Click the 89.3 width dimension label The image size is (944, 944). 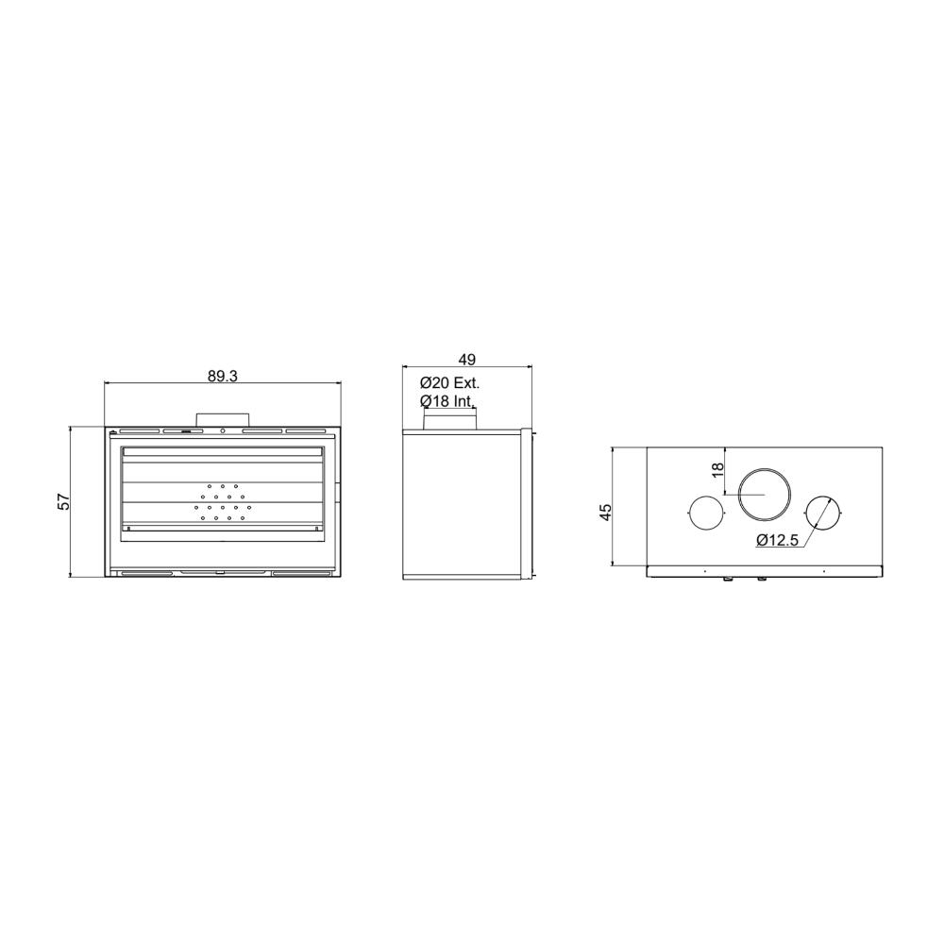click(x=223, y=377)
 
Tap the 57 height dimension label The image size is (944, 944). click(x=64, y=501)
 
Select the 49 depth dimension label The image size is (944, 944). click(x=467, y=360)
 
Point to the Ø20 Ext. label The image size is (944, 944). click(x=449, y=383)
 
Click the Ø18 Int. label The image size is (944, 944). click(x=447, y=401)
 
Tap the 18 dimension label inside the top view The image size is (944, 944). click(x=717, y=470)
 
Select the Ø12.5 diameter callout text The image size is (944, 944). click(x=777, y=540)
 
